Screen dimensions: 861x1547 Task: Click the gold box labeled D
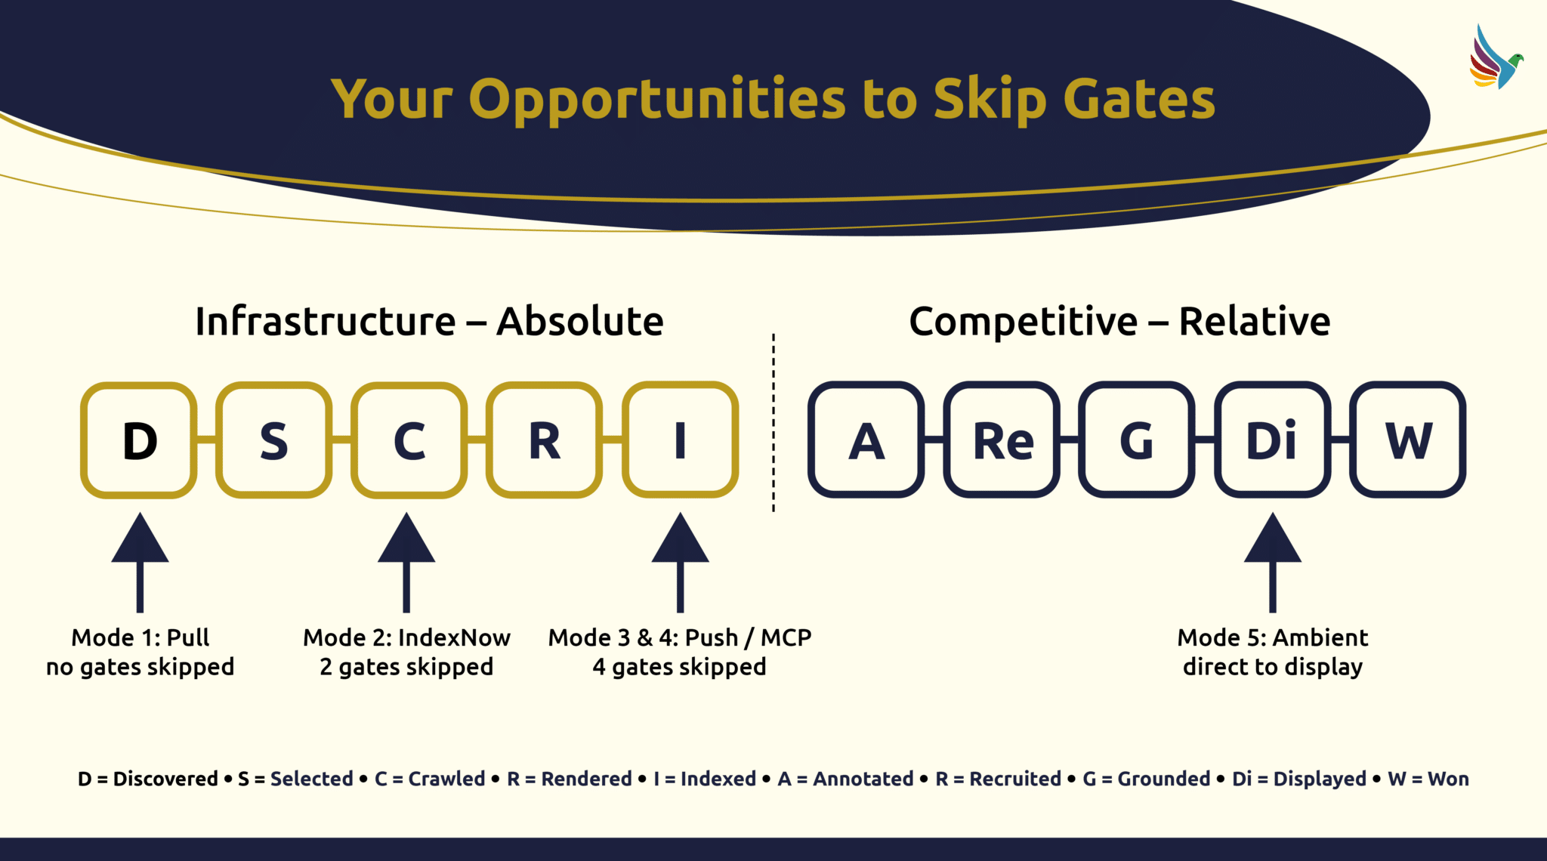coord(139,440)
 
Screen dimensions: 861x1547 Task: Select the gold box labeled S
coord(274,440)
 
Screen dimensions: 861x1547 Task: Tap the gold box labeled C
coord(409,440)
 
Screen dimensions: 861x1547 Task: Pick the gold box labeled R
coord(545,440)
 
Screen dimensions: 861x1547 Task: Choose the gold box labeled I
coord(680,440)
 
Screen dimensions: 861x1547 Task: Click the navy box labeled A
coord(866,440)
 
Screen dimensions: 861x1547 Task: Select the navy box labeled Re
coord(1002,440)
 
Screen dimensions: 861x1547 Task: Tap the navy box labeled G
coord(1137,440)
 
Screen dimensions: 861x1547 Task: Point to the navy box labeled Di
coord(1273,440)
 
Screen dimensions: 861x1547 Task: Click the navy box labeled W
coord(1408,440)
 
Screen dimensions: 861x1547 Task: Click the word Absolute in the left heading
coord(580,322)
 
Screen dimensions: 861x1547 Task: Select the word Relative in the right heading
coord(1254,322)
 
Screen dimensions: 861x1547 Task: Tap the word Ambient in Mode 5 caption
coord(1320,638)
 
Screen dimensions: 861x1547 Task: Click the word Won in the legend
coord(1448,779)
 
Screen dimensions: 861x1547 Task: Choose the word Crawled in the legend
coord(446,779)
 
